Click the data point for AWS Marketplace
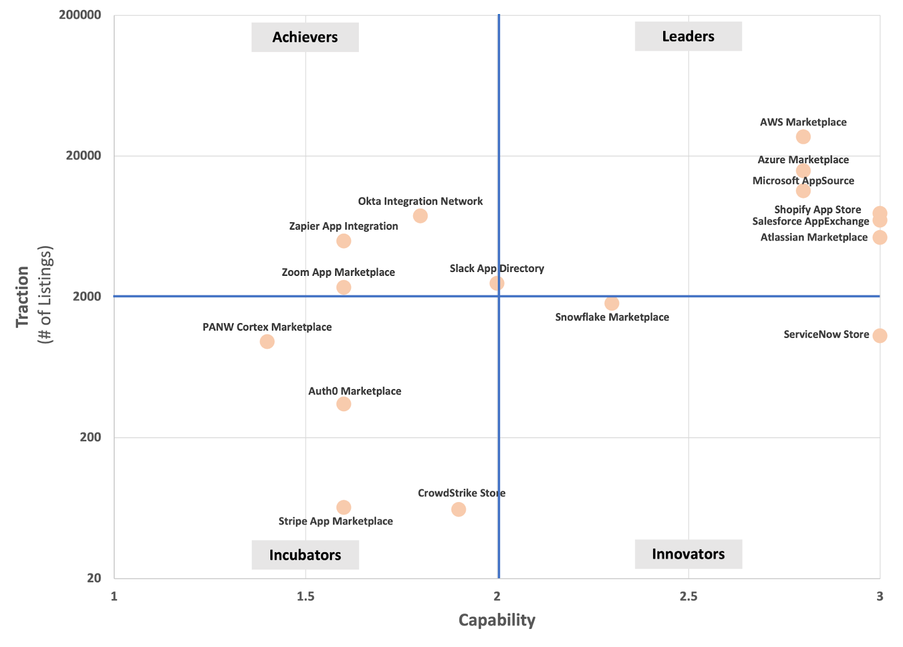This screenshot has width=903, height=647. pos(803,137)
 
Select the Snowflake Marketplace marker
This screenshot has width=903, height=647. pos(612,303)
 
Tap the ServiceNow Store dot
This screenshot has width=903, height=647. pos(879,336)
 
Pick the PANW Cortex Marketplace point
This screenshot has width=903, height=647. pos(267,342)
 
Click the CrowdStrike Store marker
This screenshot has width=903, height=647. pos(459,509)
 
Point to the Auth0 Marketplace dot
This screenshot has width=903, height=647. pos(344,404)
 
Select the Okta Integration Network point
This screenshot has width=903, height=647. pos(420,216)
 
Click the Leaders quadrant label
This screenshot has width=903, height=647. pos(688,37)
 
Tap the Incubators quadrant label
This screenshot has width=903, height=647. pos(305,555)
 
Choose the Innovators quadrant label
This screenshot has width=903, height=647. pos(688,554)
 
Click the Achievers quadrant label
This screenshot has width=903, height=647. pos(305,37)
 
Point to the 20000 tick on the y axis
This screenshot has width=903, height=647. pos(84,156)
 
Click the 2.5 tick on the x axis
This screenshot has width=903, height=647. pos(688,596)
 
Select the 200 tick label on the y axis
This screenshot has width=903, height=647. pos(90,437)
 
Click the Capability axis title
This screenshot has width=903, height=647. pos(497,620)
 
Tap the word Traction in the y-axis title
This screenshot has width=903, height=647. pos(23,297)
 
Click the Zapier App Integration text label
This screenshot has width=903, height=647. pos(344,226)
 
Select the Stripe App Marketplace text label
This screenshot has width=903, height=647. pos(336,521)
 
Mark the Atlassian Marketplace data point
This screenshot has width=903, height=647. pos(879,237)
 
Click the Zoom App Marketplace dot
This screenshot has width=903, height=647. pos(344,288)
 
